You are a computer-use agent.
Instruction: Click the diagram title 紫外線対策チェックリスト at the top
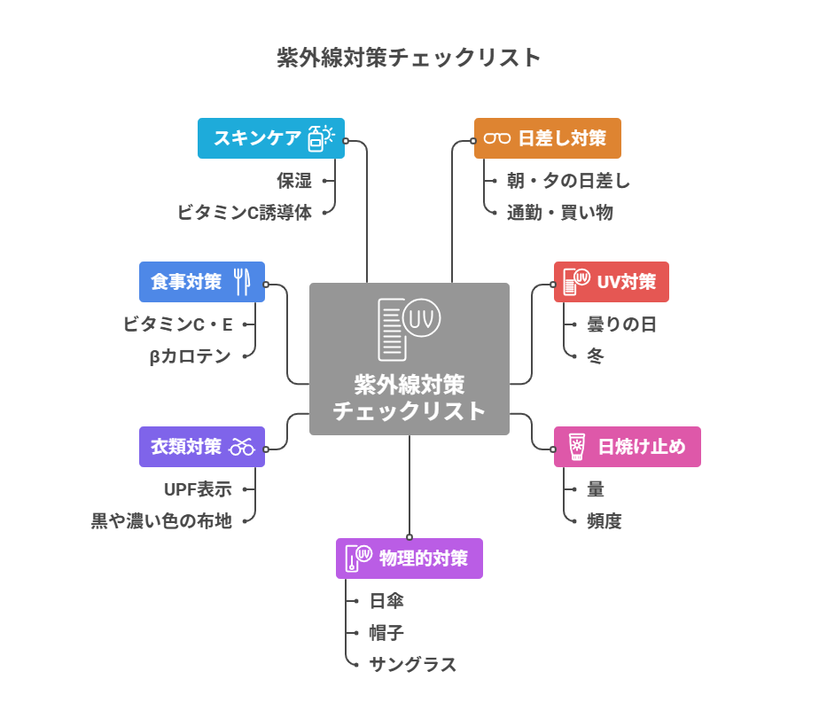click(409, 59)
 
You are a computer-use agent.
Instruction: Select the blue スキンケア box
click(270, 138)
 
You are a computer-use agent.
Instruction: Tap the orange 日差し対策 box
click(547, 138)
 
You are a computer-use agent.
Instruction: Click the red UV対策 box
click(611, 282)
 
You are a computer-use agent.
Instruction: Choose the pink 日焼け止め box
click(627, 447)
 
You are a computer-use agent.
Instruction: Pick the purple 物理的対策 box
click(409, 558)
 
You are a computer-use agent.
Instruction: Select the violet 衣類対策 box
click(201, 447)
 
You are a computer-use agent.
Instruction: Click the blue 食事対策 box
click(201, 282)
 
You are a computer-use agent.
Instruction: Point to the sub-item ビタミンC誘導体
click(245, 213)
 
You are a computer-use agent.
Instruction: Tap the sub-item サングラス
click(412, 665)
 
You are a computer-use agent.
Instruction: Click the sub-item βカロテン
click(190, 356)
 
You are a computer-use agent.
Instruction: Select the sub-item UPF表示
click(198, 489)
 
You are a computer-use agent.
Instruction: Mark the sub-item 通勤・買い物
click(559, 213)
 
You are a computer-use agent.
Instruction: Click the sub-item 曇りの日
click(621, 324)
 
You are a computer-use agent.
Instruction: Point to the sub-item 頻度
click(604, 521)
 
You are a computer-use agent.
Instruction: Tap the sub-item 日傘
click(386, 601)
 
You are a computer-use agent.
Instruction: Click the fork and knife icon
click(242, 282)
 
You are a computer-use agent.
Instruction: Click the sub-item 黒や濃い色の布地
click(161, 521)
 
